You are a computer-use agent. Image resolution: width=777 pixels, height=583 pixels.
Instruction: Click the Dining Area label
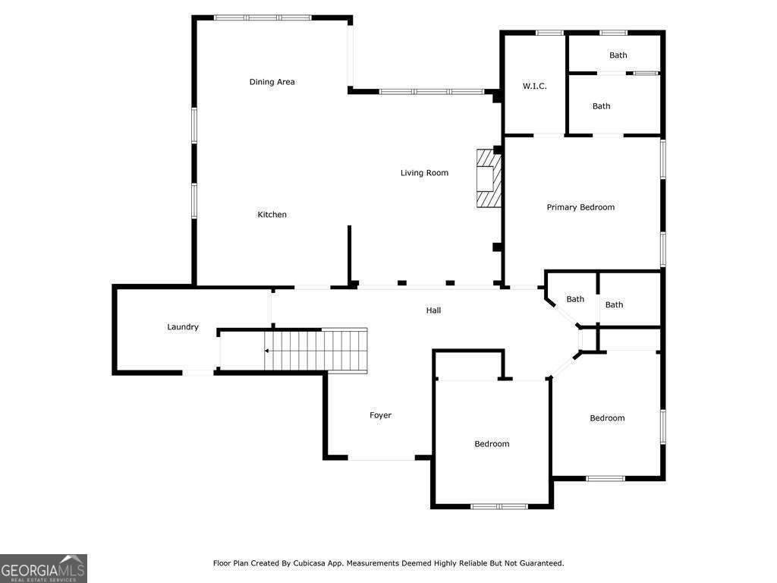point(272,82)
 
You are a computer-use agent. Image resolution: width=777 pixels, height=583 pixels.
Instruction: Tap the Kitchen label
point(272,214)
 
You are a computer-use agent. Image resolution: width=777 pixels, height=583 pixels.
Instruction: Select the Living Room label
point(424,172)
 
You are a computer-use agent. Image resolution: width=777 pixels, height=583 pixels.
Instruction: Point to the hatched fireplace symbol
point(489,178)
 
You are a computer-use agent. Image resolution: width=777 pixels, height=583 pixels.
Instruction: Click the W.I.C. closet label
point(535,86)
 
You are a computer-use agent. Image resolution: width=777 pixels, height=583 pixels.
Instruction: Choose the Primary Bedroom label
point(580,207)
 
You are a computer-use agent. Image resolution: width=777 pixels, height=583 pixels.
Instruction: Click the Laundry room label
point(183,326)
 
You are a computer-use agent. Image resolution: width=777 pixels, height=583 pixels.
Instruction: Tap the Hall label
point(433,310)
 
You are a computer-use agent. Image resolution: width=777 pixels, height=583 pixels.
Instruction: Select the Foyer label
point(381,415)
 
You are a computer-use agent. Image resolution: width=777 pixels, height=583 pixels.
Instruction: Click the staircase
point(316,351)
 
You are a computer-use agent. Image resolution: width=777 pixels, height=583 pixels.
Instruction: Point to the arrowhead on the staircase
point(266,351)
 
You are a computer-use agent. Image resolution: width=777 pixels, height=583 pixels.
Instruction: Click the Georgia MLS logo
point(43,568)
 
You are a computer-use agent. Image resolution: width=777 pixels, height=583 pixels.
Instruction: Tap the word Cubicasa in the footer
point(307,563)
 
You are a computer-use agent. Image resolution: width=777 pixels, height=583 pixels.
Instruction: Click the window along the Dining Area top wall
point(263,18)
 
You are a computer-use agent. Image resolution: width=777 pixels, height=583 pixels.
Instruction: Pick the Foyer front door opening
point(382,458)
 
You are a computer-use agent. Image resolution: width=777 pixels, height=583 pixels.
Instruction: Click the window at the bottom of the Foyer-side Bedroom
point(499,506)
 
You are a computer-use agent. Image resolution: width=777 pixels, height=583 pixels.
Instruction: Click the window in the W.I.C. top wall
point(549,33)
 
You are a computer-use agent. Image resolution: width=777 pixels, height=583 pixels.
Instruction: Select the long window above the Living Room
point(431,92)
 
